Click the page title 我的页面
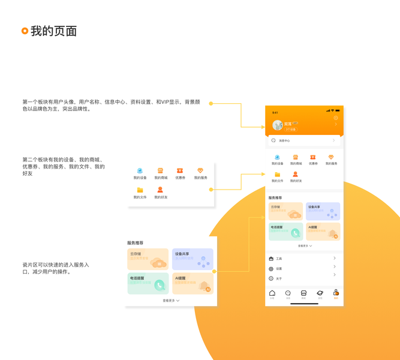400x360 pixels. pos(54,31)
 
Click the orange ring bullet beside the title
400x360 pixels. pos(25,31)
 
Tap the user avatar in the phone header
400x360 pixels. pos(277,125)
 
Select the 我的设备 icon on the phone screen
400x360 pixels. pos(277,158)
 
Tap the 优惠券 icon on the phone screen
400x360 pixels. pos(313,158)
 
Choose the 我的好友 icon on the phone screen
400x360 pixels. pos(296,175)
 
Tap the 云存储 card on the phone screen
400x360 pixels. pos(285,211)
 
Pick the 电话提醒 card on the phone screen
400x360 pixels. pos(285,232)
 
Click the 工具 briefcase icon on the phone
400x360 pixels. pos(271,259)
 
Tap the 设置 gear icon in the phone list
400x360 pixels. pos(271,269)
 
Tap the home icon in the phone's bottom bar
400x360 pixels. pos(272,293)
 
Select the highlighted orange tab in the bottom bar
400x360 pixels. pos(336,293)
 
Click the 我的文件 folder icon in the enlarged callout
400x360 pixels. pos(140,190)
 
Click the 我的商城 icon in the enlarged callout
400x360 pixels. pos(160,171)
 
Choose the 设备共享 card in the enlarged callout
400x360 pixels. pos(193,259)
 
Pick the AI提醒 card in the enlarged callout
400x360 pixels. pos(193,283)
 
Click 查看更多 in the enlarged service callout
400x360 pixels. pos(171,301)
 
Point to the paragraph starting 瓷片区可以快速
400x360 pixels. pos(56,268)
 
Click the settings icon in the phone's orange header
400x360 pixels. pos(336,118)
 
